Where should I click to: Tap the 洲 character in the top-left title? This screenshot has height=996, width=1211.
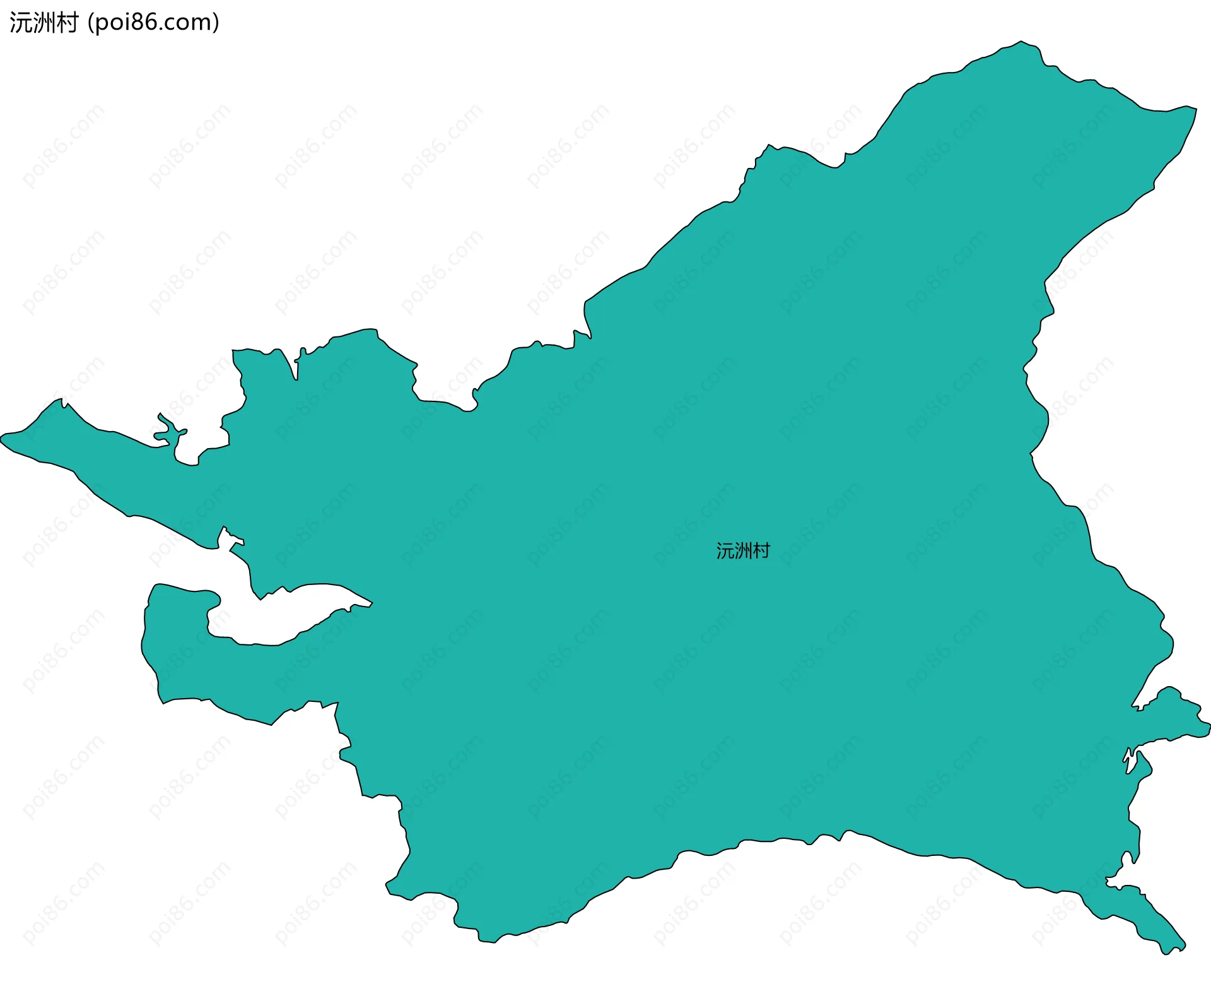pos(42,23)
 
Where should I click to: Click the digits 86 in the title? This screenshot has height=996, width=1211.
pos(141,23)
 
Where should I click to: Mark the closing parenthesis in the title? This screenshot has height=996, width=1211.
pos(216,23)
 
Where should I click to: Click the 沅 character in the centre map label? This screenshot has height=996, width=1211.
pos(725,551)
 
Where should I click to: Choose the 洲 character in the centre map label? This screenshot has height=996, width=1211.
pos(743,551)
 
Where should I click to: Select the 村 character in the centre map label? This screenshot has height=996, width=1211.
pos(761,551)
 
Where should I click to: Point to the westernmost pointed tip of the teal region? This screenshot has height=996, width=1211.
pos(3,437)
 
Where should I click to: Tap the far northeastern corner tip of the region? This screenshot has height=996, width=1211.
pos(1195,108)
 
